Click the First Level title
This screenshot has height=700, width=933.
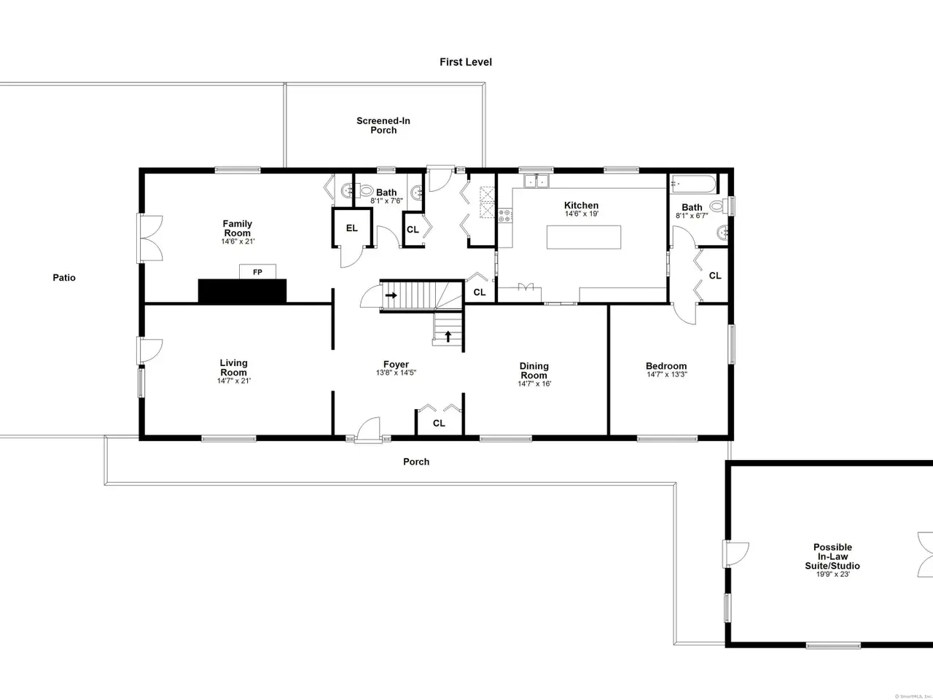pyautogui.click(x=466, y=62)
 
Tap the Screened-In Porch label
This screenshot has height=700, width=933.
pyautogui.click(x=383, y=125)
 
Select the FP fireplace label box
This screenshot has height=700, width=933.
pyautogui.click(x=257, y=272)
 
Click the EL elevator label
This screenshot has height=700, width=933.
pyautogui.click(x=351, y=228)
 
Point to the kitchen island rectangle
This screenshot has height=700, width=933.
pyautogui.click(x=584, y=237)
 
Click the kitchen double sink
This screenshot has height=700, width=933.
pyautogui.click(x=536, y=181)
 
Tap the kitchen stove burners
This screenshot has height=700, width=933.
pyautogui.click(x=505, y=216)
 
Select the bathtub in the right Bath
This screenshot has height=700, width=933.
pyautogui.click(x=693, y=184)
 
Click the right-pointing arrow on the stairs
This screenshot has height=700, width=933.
pyautogui.click(x=391, y=295)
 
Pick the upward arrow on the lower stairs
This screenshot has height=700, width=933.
pyautogui.click(x=448, y=336)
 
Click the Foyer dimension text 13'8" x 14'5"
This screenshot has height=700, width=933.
pyautogui.click(x=396, y=373)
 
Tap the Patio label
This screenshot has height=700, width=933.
pyautogui.click(x=64, y=278)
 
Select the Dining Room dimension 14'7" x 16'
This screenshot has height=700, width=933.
pyautogui.click(x=534, y=384)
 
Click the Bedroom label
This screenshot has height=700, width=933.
pyautogui.click(x=666, y=365)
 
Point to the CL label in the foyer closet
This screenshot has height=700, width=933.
pyautogui.click(x=439, y=424)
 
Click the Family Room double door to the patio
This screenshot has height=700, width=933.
pyautogui.click(x=149, y=238)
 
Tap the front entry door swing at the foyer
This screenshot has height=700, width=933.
pyautogui.click(x=368, y=429)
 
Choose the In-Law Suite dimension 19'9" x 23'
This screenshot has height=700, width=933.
pyautogui.click(x=832, y=574)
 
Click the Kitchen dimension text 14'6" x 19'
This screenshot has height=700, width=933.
pyautogui.click(x=582, y=214)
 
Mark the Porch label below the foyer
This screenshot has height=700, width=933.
pyautogui.click(x=416, y=462)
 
